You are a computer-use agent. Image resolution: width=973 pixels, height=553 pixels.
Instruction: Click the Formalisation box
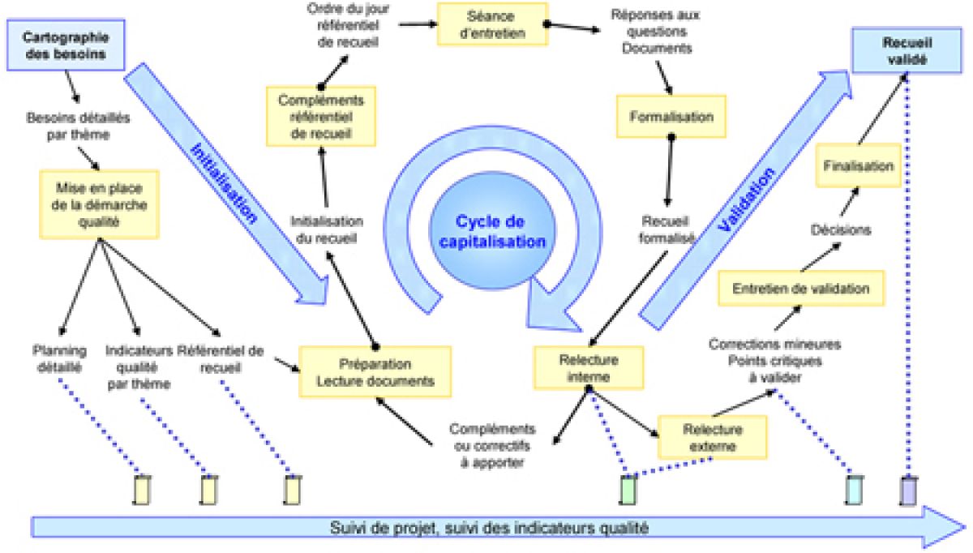(x=671, y=117)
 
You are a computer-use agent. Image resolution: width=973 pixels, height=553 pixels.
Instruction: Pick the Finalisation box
(x=858, y=165)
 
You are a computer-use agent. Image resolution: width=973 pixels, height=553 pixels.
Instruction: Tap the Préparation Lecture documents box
(x=375, y=371)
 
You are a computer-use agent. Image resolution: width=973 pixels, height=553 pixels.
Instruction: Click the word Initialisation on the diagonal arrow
(x=224, y=182)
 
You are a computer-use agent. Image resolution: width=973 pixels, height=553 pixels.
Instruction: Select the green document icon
(x=628, y=490)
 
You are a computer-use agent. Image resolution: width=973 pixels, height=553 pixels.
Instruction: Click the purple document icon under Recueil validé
(x=908, y=490)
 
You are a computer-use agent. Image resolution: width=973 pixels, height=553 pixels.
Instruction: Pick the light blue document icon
(x=853, y=490)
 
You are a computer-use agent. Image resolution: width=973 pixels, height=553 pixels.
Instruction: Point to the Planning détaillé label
(x=57, y=358)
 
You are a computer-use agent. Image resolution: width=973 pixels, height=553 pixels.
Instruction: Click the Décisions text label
(x=841, y=229)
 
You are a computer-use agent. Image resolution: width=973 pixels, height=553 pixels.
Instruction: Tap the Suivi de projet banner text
(x=490, y=529)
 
